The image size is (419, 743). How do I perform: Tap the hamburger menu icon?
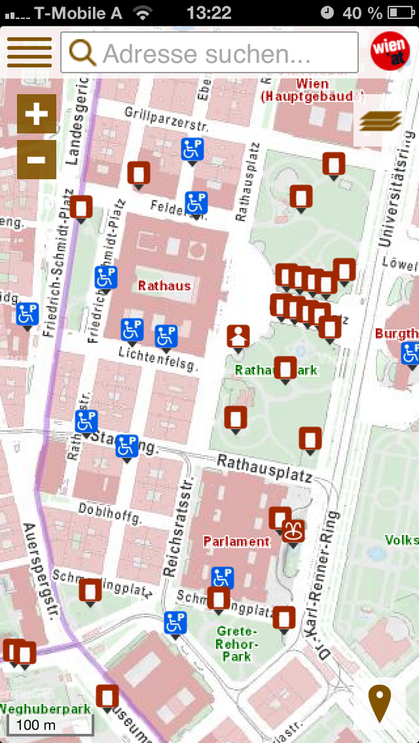(x=29, y=52)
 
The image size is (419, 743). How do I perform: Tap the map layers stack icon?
(x=380, y=121)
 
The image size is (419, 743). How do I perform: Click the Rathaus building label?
(x=164, y=285)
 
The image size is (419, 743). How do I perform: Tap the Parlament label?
(x=236, y=541)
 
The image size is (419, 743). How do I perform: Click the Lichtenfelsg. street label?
(x=159, y=360)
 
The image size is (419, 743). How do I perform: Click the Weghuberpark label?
(x=45, y=709)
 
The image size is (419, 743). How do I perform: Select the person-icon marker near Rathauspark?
(x=238, y=336)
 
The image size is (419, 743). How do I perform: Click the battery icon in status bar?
(x=400, y=13)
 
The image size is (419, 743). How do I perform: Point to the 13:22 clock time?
(x=209, y=13)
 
